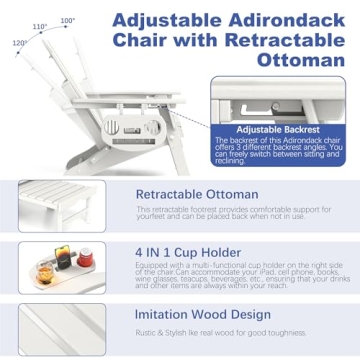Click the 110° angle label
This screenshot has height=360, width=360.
[x=40, y=27]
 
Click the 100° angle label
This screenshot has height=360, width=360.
[x=67, y=20]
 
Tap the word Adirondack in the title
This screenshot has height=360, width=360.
[x=280, y=19]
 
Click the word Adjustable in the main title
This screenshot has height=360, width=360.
[x=165, y=19]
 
